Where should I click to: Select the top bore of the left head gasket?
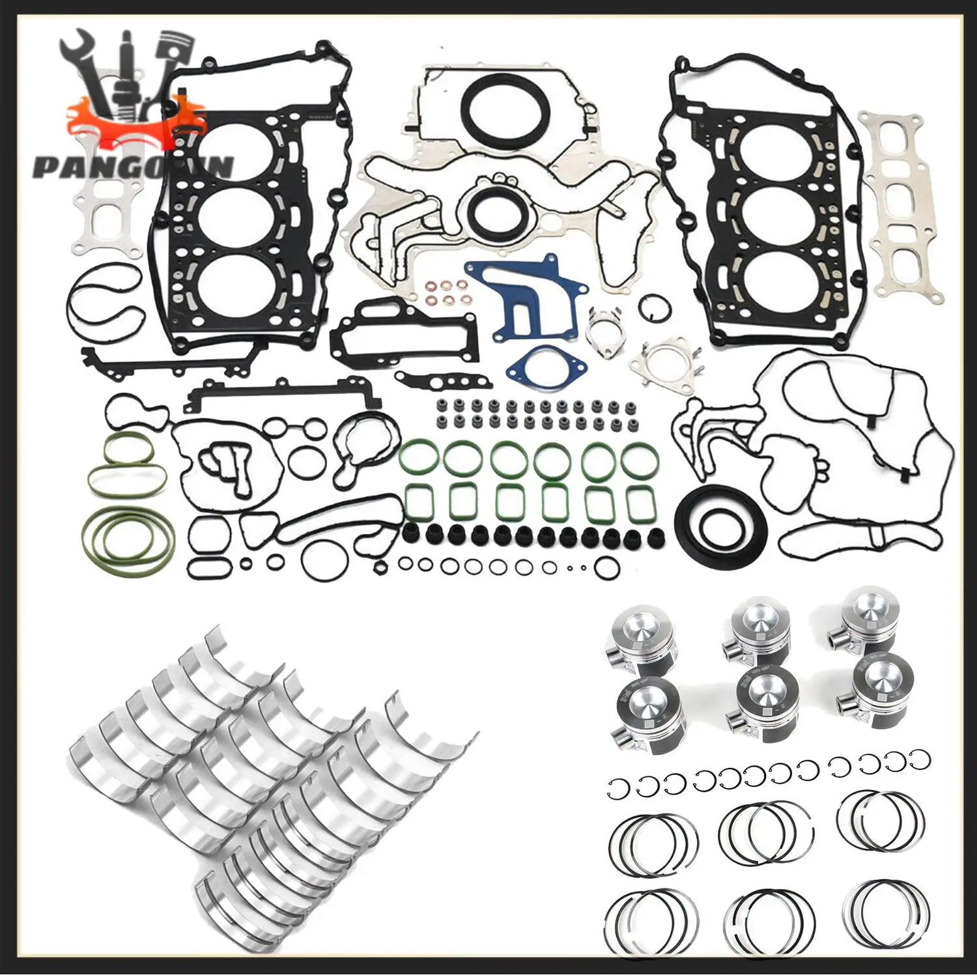click(x=234, y=152)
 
